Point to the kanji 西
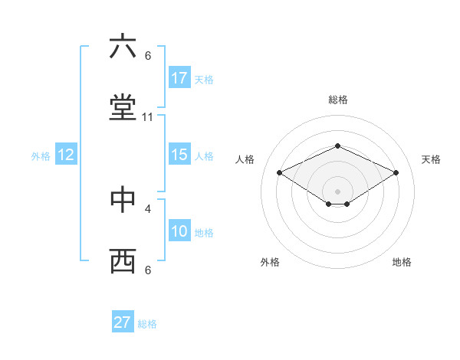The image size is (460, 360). point(123,261)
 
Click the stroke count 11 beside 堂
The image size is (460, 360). point(148,117)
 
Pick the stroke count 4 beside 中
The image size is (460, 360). point(148,208)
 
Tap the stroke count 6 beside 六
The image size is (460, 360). point(148,55)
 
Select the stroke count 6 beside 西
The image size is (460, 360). point(148,270)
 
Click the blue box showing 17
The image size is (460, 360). point(179,78)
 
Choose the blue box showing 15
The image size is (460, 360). point(179,155)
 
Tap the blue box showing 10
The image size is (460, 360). point(179,231)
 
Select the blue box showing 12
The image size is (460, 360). point(65,155)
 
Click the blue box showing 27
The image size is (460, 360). point(123,322)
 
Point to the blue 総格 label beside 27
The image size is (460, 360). point(147,324)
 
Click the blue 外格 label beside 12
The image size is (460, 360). point(40,156)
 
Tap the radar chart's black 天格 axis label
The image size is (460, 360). point(431,159)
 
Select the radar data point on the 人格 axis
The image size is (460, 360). point(279,172)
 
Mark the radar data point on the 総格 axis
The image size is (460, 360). point(337,146)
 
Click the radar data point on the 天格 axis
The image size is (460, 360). point(396,172)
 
